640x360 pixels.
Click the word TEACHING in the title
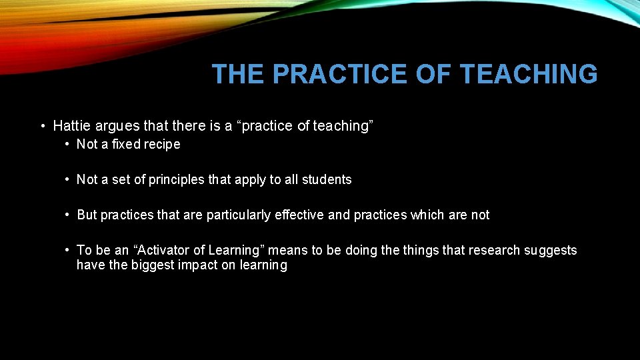[529, 74]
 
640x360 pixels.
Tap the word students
[327, 179]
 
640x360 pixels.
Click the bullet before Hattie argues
[42, 125]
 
